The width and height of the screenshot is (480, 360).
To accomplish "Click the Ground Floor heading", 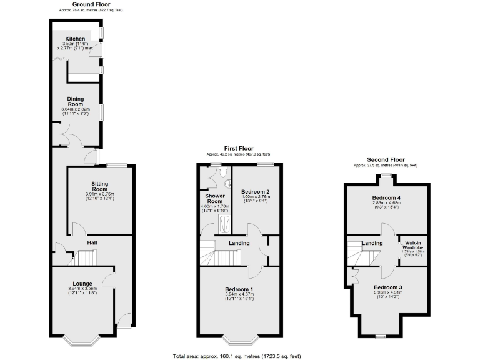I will click(91, 4).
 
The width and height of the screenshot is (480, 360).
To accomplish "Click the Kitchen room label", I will click(75, 39).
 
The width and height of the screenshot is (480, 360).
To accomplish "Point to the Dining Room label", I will click(76, 101).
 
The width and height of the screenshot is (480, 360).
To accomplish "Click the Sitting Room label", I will click(100, 186).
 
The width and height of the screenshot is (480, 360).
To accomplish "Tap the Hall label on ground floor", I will click(92, 242).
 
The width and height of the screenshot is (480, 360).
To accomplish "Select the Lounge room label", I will click(82, 283).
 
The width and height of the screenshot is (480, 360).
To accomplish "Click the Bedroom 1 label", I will click(239, 289).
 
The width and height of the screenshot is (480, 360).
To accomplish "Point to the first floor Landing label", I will click(239, 243).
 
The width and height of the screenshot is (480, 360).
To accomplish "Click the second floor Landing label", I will click(372, 243).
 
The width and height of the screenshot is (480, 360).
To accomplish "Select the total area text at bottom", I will click(237, 356).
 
